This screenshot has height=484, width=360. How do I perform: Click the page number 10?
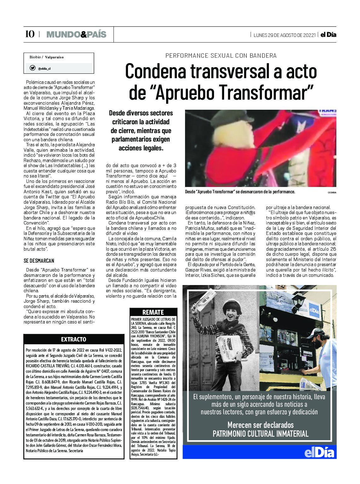coord(30,34)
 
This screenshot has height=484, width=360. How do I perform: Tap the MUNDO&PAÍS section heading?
coord(76,34)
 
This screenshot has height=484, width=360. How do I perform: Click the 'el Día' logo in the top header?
coord(328,35)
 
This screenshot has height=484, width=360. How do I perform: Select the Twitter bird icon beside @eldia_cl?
coord(32,68)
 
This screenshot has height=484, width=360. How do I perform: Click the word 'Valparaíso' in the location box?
coord(54,57)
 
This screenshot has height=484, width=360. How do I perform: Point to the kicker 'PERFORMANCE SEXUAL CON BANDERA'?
coord(221,56)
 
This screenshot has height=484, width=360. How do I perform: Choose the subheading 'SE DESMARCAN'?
coord(39,261)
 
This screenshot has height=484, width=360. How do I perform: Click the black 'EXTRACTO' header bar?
coord(73,339)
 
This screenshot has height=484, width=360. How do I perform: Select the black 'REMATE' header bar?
coord(153,312)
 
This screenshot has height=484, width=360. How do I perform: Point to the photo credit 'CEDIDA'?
coord(332,192)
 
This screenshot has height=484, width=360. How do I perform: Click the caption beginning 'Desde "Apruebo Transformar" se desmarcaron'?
coord(240,192)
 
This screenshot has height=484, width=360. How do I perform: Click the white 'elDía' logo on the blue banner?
coord(319,452)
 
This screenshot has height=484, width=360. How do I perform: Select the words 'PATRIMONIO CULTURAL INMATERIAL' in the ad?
coord(260,434)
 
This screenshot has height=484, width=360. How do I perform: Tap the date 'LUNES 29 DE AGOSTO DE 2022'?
coord(284,35)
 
